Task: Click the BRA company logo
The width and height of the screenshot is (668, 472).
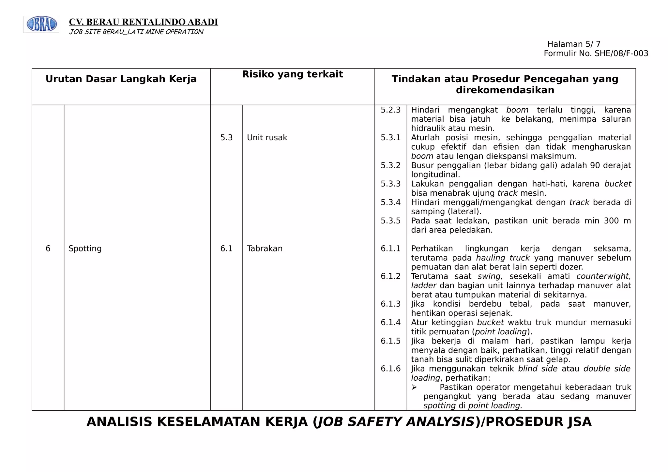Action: coord(41,24)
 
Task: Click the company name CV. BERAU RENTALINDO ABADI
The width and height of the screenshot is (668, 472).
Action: coord(144,22)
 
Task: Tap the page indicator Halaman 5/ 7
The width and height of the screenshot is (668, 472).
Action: coord(574,44)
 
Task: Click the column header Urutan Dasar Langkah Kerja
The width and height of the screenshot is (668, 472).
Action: coord(121,79)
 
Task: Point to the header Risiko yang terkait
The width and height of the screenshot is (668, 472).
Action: coord(292,74)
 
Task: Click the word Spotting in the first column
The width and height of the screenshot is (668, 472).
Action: coord(85,249)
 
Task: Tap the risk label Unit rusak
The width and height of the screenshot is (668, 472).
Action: coord(267,138)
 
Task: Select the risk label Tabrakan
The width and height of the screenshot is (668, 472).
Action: coord(265,249)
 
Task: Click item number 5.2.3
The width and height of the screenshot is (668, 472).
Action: coord(390,110)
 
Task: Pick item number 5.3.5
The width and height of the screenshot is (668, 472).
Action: coord(390,221)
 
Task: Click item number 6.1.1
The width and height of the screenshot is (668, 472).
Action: coord(390,249)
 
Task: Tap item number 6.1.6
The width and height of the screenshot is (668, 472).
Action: coord(390,369)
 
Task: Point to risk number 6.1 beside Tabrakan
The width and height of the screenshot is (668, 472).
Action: coord(226,249)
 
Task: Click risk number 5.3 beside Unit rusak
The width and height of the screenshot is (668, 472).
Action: coord(226,138)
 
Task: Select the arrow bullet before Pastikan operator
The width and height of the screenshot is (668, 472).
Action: coord(414,387)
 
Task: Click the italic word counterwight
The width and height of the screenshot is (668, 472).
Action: coord(603,276)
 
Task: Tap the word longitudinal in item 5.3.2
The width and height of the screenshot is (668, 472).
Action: coord(435,175)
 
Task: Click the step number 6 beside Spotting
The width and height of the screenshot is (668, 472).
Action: coord(48,249)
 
